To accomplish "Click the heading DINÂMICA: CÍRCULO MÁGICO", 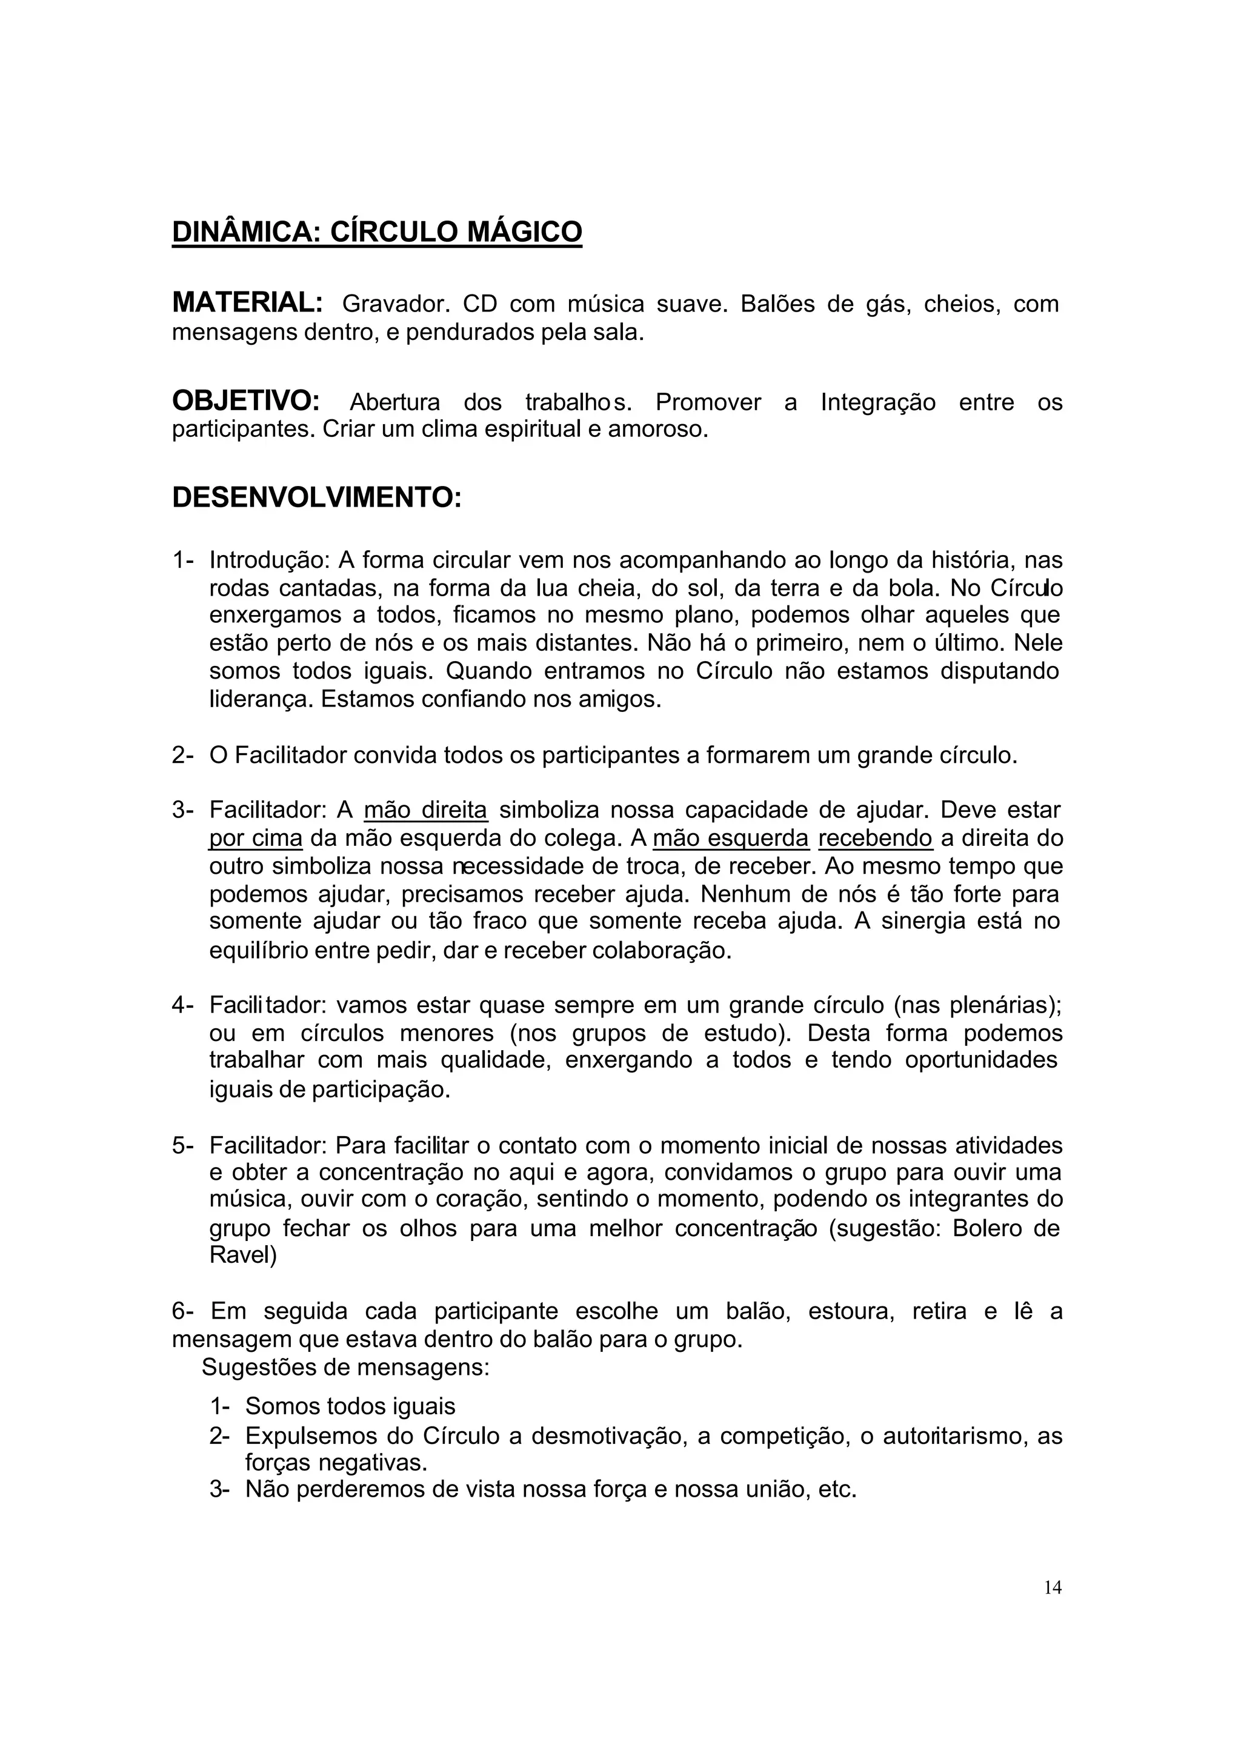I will [377, 231].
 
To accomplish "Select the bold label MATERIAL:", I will [248, 302].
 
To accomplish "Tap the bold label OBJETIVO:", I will [245, 401].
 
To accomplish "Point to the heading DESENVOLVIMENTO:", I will [316, 498].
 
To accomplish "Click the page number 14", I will [1053, 1588].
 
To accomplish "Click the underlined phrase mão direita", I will [425, 810].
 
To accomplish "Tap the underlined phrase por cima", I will [256, 838].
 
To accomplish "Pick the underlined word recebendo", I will [875, 838].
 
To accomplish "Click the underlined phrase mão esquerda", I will [731, 838].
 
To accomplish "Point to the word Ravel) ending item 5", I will [243, 1255].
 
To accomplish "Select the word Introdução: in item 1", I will [269, 560].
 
